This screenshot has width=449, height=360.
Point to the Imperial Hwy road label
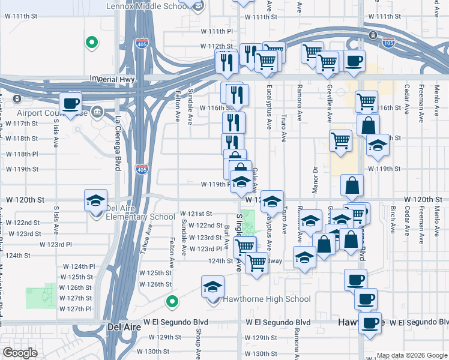click(x=113, y=79)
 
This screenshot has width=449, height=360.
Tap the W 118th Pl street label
click(x=22, y=154)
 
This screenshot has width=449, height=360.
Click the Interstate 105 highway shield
click(x=373, y=34)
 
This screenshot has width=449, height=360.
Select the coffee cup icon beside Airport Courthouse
click(x=70, y=103)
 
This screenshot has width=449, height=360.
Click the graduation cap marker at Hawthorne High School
click(x=212, y=287)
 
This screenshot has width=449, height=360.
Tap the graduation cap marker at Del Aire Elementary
click(x=95, y=201)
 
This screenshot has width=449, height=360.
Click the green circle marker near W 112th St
click(x=91, y=42)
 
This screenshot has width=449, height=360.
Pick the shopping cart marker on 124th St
click(x=257, y=262)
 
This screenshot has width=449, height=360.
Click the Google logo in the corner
click(x=20, y=353)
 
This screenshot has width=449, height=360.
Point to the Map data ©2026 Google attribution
click(x=411, y=355)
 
